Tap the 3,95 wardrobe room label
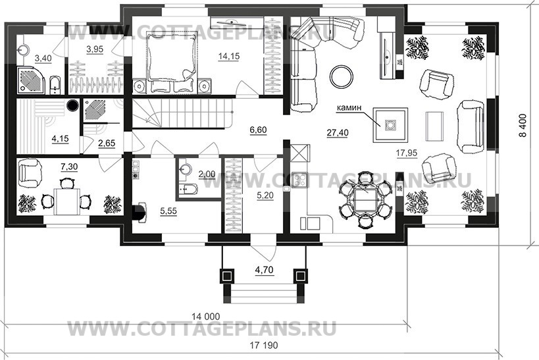(x=96, y=49)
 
